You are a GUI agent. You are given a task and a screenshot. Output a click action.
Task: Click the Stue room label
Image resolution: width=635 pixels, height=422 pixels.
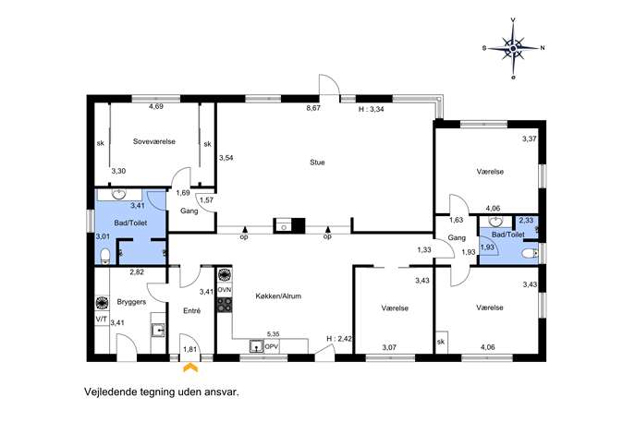(317, 163)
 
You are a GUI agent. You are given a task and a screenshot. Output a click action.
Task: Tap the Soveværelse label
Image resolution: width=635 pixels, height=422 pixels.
(154, 141)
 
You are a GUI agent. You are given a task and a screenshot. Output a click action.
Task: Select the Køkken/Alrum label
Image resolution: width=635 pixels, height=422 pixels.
(278, 296)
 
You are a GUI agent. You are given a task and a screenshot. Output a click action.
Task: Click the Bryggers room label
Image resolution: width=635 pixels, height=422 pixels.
(131, 302)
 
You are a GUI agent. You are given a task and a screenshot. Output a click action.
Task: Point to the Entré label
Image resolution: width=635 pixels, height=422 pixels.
(192, 311)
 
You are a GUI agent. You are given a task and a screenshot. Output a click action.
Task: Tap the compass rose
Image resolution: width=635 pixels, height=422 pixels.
(513, 48)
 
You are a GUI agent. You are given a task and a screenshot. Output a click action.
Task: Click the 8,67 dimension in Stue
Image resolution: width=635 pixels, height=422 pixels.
(313, 108)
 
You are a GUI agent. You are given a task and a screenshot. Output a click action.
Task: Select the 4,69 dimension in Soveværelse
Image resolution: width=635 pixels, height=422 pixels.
(156, 106)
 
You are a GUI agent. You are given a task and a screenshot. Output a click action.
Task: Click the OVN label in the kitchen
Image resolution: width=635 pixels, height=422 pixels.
(225, 290)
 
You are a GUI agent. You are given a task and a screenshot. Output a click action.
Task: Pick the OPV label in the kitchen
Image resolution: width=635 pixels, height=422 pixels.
(271, 347)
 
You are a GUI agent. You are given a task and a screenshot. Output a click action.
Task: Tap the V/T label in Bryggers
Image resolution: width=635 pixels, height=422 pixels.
(102, 320)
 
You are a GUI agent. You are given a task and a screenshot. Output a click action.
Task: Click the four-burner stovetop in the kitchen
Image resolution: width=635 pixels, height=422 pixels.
(225, 305)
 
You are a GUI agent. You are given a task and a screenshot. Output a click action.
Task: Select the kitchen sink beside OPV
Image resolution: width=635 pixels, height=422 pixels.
(256, 347)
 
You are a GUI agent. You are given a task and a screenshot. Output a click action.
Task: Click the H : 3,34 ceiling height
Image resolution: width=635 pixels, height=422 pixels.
(371, 109)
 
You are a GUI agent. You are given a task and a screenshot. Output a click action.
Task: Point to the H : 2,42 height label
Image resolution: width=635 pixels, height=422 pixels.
(339, 339)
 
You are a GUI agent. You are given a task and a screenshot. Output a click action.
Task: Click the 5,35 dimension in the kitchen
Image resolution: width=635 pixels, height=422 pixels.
(274, 334)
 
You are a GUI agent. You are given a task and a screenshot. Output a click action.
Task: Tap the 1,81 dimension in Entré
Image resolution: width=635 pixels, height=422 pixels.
(189, 349)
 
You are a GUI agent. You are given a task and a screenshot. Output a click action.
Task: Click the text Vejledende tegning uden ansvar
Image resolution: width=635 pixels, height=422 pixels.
(162, 392)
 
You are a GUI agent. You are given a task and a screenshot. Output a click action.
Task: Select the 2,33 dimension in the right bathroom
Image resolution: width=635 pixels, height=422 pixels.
(526, 220)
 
